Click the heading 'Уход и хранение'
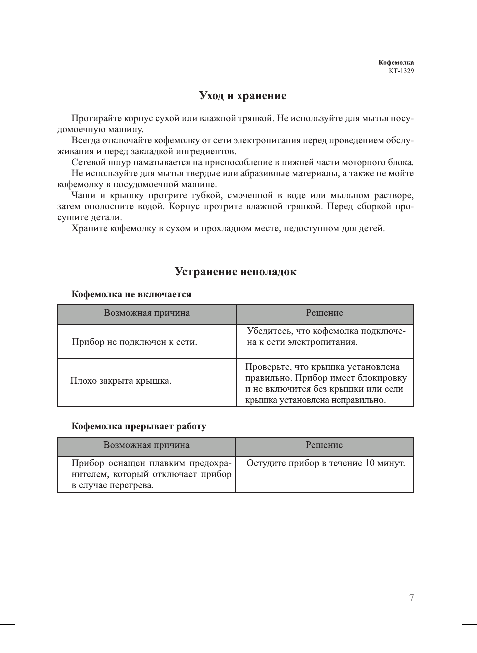(x=242, y=96)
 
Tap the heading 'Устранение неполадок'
(x=236, y=272)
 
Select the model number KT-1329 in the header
(x=401, y=71)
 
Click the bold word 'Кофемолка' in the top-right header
(x=396, y=63)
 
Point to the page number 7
(x=411, y=598)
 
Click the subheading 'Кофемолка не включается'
(x=131, y=294)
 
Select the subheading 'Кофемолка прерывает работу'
(x=139, y=426)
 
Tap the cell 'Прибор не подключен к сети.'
(x=134, y=342)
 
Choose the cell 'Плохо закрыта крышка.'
(x=121, y=381)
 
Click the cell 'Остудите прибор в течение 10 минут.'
(x=325, y=463)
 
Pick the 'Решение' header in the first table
(x=324, y=313)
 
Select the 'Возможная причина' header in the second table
(x=146, y=445)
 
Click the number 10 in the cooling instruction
(x=370, y=463)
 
